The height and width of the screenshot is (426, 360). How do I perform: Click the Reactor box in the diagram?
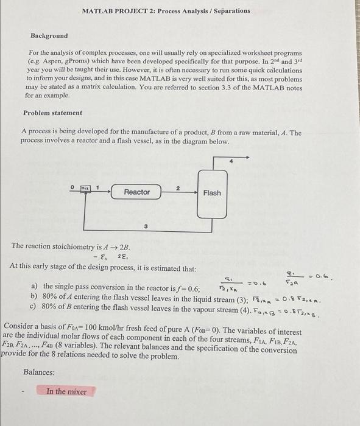(136, 192)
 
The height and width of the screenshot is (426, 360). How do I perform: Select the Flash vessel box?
(212, 193)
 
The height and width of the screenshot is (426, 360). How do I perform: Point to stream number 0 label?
(71, 187)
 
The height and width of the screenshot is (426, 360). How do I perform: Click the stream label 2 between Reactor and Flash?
(177, 188)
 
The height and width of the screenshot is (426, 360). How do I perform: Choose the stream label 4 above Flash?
(231, 162)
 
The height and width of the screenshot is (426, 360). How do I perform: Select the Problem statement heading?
(52, 113)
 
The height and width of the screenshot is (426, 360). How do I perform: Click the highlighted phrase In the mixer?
(66, 391)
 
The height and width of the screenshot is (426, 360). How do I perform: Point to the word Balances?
(39, 372)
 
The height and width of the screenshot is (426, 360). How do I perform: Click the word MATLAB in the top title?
(97, 11)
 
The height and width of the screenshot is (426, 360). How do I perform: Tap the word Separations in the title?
(230, 11)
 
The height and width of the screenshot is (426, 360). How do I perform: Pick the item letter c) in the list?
(34, 306)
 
